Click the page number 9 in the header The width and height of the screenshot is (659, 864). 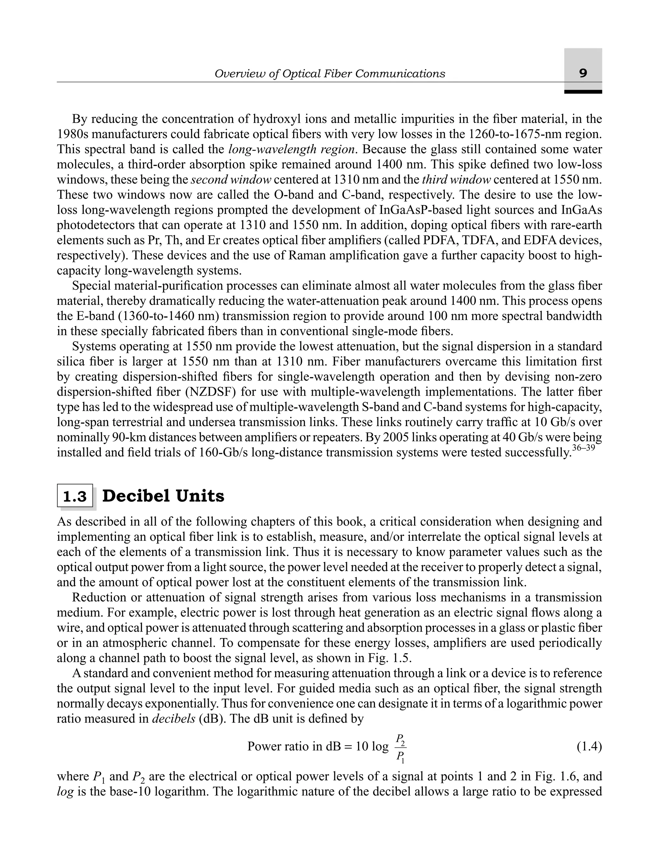[583, 73]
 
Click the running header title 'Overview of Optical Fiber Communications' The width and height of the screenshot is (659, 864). [329, 74]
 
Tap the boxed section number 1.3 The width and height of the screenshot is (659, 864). [75, 496]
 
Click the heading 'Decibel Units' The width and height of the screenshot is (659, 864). [163, 496]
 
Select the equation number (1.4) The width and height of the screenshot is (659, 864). [589, 746]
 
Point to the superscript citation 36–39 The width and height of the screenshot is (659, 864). [584, 448]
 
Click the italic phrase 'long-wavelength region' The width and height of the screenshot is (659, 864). [292, 149]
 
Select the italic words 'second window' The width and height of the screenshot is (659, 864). [231, 180]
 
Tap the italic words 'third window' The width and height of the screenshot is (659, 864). [456, 180]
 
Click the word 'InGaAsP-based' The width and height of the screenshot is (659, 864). [421, 210]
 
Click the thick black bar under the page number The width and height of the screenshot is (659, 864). [583, 92]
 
